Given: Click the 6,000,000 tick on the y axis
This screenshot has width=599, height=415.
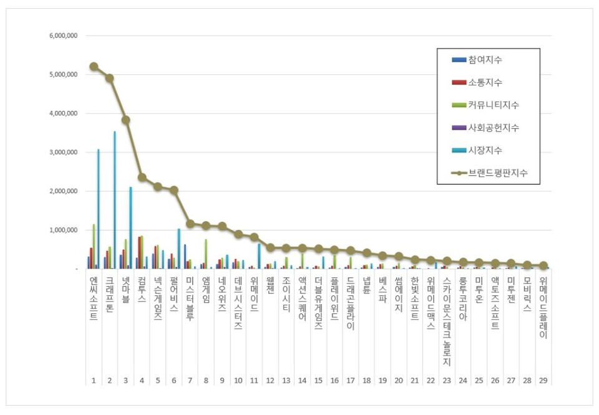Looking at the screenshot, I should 63,36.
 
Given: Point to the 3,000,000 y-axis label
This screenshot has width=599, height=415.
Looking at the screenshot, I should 63,152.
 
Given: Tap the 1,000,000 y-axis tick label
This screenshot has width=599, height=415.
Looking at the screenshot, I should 63,230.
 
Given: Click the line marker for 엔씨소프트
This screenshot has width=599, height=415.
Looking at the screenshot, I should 94,66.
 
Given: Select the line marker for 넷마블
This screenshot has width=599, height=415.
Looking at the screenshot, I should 125,120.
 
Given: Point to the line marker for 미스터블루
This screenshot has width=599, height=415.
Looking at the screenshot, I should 190,223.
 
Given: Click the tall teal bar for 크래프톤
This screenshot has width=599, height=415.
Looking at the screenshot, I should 114,199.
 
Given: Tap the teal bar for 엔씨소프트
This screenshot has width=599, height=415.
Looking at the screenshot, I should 98,209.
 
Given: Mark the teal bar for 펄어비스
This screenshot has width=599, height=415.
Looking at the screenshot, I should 178,249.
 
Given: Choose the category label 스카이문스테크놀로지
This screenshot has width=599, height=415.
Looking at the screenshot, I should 446,322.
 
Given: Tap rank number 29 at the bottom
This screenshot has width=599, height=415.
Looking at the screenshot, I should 543,379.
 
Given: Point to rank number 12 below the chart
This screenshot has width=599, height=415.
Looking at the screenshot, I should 270,379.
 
